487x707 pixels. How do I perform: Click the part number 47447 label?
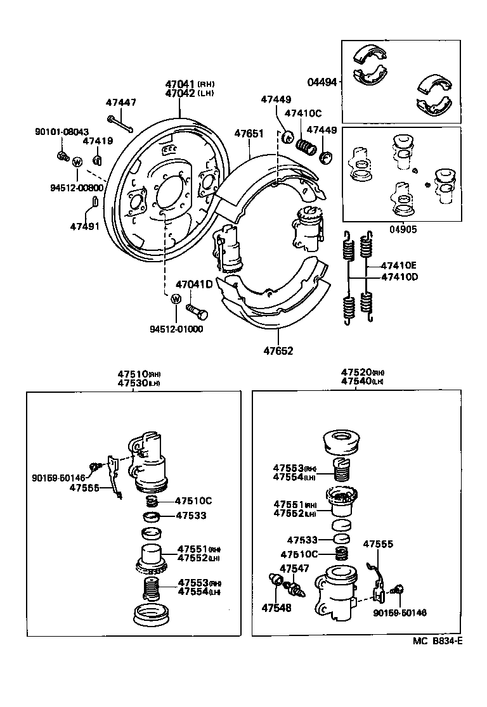[x=120, y=103]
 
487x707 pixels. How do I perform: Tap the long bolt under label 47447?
[x=120, y=124]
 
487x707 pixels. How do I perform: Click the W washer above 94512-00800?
[x=77, y=162]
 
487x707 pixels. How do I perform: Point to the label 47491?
[x=84, y=226]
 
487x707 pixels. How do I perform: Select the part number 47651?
[x=249, y=134]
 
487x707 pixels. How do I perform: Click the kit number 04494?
[x=322, y=82]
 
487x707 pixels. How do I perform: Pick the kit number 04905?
[x=405, y=231]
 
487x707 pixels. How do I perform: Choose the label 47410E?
[x=399, y=265]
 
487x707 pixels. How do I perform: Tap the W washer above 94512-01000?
[x=176, y=300]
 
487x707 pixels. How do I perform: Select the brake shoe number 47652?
[x=279, y=350]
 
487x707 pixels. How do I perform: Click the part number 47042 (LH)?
[x=181, y=93]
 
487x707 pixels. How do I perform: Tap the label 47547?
[x=294, y=568]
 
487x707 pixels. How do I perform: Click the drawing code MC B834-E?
[x=438, y=641]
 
